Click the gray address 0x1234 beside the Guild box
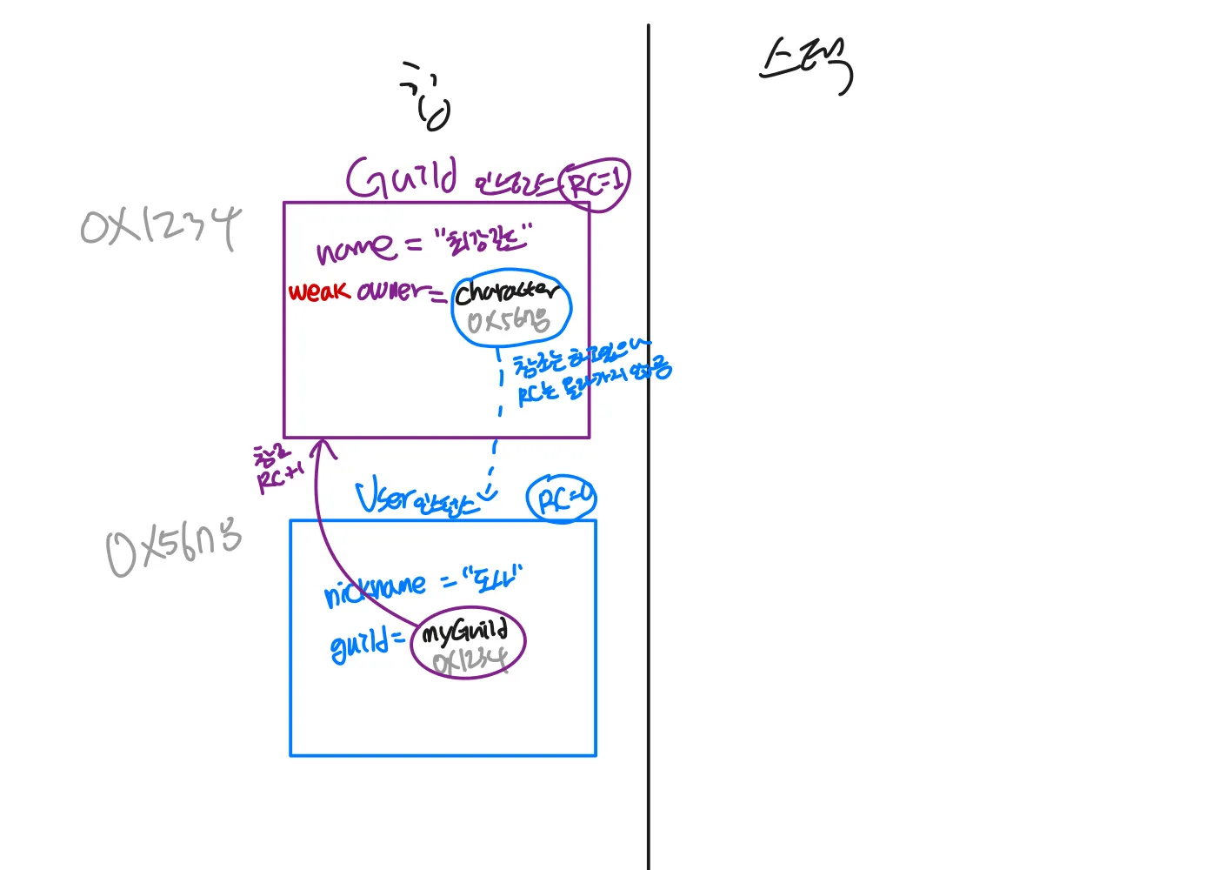160,227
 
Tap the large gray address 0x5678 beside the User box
173,548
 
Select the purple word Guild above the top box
401,178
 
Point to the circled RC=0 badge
562,499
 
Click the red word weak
319,291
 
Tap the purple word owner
393,291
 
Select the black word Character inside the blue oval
507,292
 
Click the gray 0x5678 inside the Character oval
508,322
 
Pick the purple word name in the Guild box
354,250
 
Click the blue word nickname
376,590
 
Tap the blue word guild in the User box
358,646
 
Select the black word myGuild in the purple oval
464,632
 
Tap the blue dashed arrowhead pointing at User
488,494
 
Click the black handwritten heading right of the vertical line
806,66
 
